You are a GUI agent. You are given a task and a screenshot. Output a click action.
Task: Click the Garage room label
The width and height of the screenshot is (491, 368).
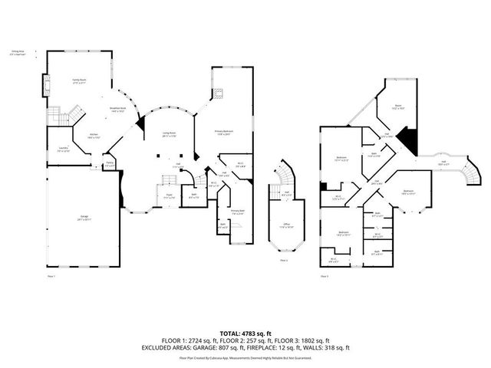click(x=83, y=217)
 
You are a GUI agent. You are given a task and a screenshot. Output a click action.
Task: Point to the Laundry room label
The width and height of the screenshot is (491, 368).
click(x=62, y=149)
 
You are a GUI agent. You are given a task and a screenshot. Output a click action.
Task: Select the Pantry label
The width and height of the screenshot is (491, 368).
click(x=110, y=163)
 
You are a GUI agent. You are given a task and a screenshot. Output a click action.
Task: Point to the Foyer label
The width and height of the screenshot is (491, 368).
click(x=168, y=197)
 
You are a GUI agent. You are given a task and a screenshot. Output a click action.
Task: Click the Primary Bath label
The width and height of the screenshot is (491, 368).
click(x=237, y=212)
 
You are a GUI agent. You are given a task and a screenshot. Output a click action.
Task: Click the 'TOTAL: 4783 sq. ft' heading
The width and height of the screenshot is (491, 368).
click(x=245, y=333)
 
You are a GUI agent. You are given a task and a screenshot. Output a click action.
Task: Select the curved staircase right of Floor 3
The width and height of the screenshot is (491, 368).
click(x=468, y=172)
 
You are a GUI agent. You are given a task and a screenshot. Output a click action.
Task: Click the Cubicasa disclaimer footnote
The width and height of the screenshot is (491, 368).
click(x=245, y=357)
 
